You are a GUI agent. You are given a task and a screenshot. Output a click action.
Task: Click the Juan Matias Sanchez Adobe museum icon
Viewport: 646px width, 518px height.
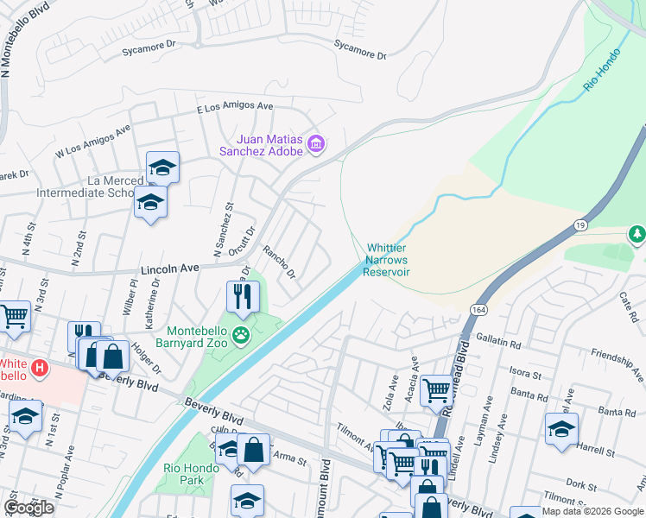pos(316,143)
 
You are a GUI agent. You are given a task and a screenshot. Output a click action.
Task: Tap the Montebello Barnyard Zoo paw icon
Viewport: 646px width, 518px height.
pos(243,334)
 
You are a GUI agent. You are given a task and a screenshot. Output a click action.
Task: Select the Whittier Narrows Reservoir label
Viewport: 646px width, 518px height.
pos(386,259)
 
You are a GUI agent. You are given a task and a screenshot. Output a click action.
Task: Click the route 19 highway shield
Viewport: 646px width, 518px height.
pos(576,224)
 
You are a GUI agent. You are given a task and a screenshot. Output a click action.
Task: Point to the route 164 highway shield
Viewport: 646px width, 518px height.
pos(479,309)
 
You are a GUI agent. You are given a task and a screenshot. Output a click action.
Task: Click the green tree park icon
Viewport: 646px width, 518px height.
pos(637,234)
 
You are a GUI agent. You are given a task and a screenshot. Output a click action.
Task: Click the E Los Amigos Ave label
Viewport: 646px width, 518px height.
pos(235,106)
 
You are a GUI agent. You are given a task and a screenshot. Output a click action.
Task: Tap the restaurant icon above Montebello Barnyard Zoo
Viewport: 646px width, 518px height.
pos(243,296)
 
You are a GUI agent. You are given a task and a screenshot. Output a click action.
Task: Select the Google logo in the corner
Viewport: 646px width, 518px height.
pos(28,508)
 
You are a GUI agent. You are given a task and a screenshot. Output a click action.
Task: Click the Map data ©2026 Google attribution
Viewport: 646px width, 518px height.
pos(592,511)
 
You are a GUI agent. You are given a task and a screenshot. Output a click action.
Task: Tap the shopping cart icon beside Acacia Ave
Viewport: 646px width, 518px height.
pos(438,390)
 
